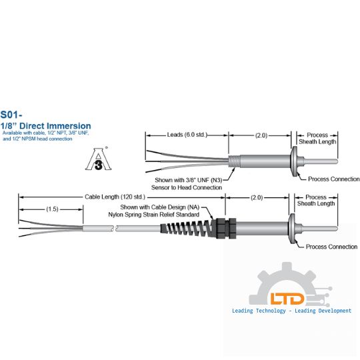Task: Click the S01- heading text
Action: (x=11, y=115)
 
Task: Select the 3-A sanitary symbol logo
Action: (x=98, y=159)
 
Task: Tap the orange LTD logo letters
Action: (x=287, y=299)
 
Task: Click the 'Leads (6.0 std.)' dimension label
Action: (x=187, y=135)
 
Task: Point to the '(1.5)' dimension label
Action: (x=53, y=209)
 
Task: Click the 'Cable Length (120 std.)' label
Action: (x=115, y=197)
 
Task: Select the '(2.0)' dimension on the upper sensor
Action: (x=261, y=135)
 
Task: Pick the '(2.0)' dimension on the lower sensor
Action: (x=257, y=197)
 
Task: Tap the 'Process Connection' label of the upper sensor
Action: (x=333, y=179)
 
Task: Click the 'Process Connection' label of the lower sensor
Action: (x=331, y=247)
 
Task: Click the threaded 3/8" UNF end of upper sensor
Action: (x=234, y=161)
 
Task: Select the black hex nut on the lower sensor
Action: (x=226, y=229)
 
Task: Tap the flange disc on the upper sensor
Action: (x=294, y=161)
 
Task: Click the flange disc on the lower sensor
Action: (x=292, y=229)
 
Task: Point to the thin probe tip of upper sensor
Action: (x=321, y=161)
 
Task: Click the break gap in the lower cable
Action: (x=115, y=229)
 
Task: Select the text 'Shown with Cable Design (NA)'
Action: (x=160, y=207)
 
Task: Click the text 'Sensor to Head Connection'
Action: (x=187, y=187)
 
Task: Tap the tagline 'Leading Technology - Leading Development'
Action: (x=291, y=311)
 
